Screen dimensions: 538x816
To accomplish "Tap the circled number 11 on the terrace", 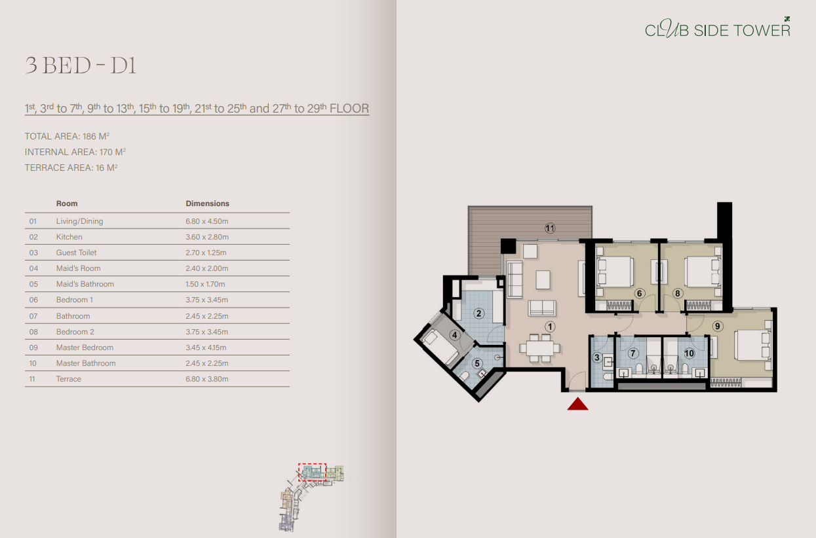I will [550, 228].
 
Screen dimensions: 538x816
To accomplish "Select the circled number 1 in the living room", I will [551, 326].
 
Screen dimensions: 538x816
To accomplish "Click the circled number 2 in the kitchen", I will [479, 314].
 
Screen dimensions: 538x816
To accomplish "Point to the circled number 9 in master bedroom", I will [718, 326].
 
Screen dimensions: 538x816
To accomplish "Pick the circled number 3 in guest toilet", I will [597, 357].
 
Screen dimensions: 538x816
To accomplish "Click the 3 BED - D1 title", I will [81, 65].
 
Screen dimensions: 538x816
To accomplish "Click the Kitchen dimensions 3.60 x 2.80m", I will [207, 237].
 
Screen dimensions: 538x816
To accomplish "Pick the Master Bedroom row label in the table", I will [85, 348].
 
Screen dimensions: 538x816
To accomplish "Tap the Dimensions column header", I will [208, 204].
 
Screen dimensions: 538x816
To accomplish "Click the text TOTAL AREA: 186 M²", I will [66, 136].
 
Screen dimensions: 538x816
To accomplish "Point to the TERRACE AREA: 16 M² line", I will [71, 168].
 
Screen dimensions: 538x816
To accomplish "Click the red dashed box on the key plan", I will [312, 472].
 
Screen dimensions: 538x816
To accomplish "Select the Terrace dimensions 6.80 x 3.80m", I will [207, 379].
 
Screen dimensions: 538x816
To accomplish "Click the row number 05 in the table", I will [33, 284].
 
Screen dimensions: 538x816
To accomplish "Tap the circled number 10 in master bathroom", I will [689, 353].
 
